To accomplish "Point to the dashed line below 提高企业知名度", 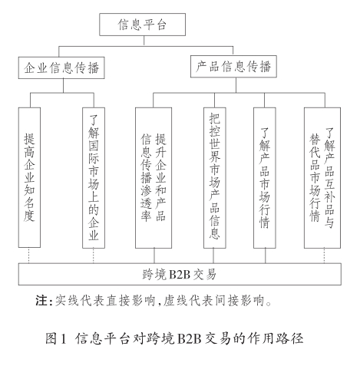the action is click(29, 256).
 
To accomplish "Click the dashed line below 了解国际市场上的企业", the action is click(94, 256).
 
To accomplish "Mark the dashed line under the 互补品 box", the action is click(324, 256).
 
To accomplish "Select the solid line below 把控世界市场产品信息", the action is click(213, 256).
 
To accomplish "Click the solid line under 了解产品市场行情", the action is click(266, 256).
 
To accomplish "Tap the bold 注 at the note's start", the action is click(41, 300).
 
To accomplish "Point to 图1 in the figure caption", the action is click(56, 338).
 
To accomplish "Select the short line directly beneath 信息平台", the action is click(144, 41).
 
